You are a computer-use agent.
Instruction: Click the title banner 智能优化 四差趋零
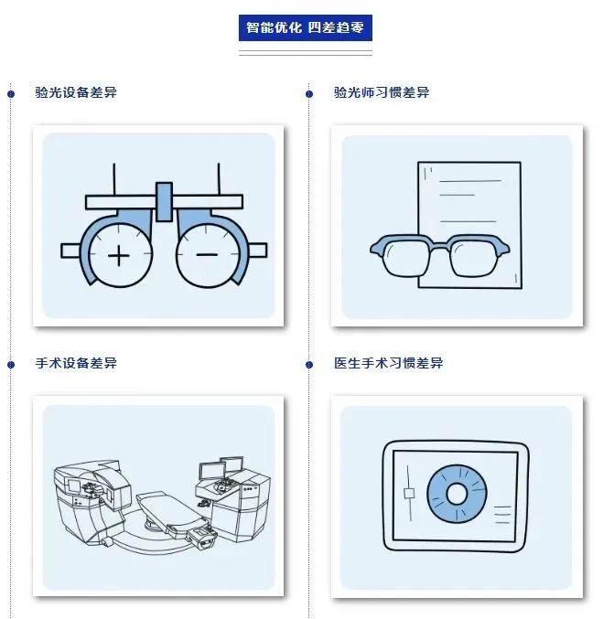coord(305,27)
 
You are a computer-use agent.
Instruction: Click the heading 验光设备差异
coord(76,92)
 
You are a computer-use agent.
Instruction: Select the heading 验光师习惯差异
coord(382,92)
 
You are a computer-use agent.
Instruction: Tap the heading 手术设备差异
coord(76,363)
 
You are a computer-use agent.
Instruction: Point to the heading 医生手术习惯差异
coord(389,363)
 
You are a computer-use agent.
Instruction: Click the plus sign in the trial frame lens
coord(119,256)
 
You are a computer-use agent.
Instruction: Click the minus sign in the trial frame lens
coord(207,254)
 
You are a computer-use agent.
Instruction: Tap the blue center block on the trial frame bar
coord(164,201)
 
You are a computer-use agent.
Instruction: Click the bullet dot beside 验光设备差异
coord(11,94)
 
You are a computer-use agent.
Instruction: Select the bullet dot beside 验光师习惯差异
coord(309,94)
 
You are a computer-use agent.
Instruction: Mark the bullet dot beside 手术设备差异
coord(11,365)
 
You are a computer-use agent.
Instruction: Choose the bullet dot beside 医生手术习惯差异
coord(309,365)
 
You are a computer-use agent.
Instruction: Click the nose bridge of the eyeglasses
coord(439,247)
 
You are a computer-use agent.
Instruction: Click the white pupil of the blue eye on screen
coord(457,494)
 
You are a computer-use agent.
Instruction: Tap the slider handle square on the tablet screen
coord(409,493)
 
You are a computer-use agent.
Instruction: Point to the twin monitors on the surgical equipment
coord(221,468)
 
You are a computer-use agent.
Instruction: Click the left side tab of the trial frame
coord(70,251)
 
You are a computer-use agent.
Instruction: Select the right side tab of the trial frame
coord(257,251)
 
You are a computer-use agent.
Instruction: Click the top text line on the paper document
coord(470,181)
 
